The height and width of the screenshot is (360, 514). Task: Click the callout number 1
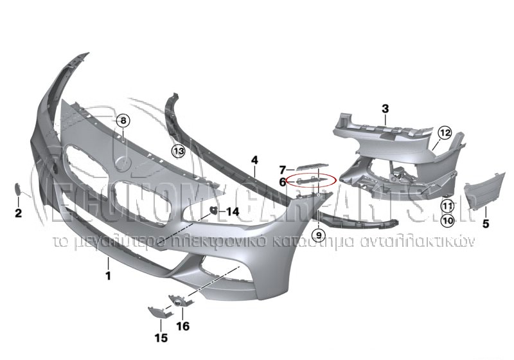pyautogui.click(x=108, y=276)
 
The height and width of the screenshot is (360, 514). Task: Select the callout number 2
pyautogui.click(x=18, y=212)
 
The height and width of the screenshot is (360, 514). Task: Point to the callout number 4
pyautogui.click(x=254, y=159)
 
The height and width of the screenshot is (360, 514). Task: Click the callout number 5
pyautogui.click(x=486, y=224)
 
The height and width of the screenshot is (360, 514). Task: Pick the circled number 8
pyautogui.click(x=123, y=120)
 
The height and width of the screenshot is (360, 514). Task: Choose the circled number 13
pyautogui.click(x=178, y=150)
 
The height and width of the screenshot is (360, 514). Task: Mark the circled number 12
pyautogui.click(x=445, y=133)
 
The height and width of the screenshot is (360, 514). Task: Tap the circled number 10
pyautogui.click(x=447, y=221)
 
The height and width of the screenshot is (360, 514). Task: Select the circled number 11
pyautogui.click(x=447, y=206)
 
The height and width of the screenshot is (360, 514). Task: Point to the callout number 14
pyautogui.click(x=231, y=211)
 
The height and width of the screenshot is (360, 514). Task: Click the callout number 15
pyautogui.click(x=160, y=337)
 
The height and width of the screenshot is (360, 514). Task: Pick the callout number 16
pyautogui.click(x=183, y=326)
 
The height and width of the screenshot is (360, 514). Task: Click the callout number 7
pyautogui.click(x=282, y=170)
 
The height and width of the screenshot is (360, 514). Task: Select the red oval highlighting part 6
pyautogui.click(x=312, y=180)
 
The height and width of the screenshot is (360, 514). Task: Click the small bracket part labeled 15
pyautogui.click(x=157, y=312)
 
